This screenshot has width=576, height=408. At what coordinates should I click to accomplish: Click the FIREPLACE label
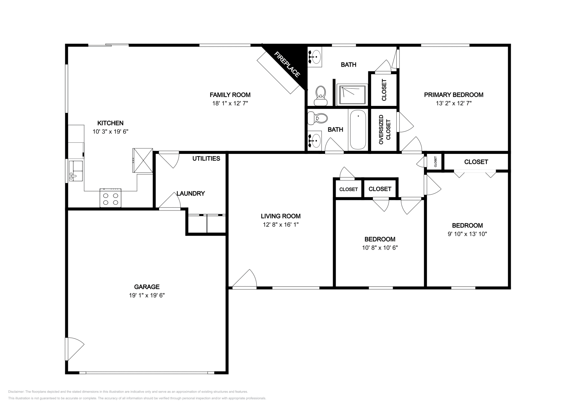pyautogui.click(x=287, y=65)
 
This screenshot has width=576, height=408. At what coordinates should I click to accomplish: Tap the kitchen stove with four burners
pyautogui.click(x=111, y=199)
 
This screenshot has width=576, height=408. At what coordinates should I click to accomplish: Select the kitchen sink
pyautogui.click(x=76, y=171)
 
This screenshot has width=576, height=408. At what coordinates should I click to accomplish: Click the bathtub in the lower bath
pyautogui.click(x=357, y=130)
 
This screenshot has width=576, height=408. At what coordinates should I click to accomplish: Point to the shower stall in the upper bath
pyautogui.click(x=352, y=95)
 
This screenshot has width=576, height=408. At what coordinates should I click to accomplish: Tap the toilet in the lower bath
pyautogui.click(x=319, y=118)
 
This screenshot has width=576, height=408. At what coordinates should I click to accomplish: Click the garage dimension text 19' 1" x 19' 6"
pyautogui.click(x=147, y=295)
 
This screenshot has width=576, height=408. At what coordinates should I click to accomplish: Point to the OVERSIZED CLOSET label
pyautogui.click(x=384, y=130)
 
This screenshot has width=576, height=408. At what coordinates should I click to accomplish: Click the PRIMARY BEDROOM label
pyautogui.click(x=453, y=95)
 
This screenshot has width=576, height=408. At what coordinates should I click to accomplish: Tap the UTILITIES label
pyautogui.click(x=206, y=159)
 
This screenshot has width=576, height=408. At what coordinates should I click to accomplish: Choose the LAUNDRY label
pyautogui.click(x=191, y=194)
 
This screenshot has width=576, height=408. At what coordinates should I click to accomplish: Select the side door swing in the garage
pyautogui.click(x=74, y=348)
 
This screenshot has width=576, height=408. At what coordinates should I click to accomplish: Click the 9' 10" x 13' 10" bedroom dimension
pyautogui.click(x=467, y=234)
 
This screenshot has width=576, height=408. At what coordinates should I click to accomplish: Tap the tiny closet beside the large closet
pyautogui.click(x=435, y=161)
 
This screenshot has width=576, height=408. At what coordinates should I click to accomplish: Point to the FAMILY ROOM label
pyautogui.click(x=230, y=95)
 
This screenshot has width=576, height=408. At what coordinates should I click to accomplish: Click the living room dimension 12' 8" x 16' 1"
pyautogui.click(x=280, y=225)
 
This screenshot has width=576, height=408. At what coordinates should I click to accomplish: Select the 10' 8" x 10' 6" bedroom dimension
pyautogui.click(x=380, y=248)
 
